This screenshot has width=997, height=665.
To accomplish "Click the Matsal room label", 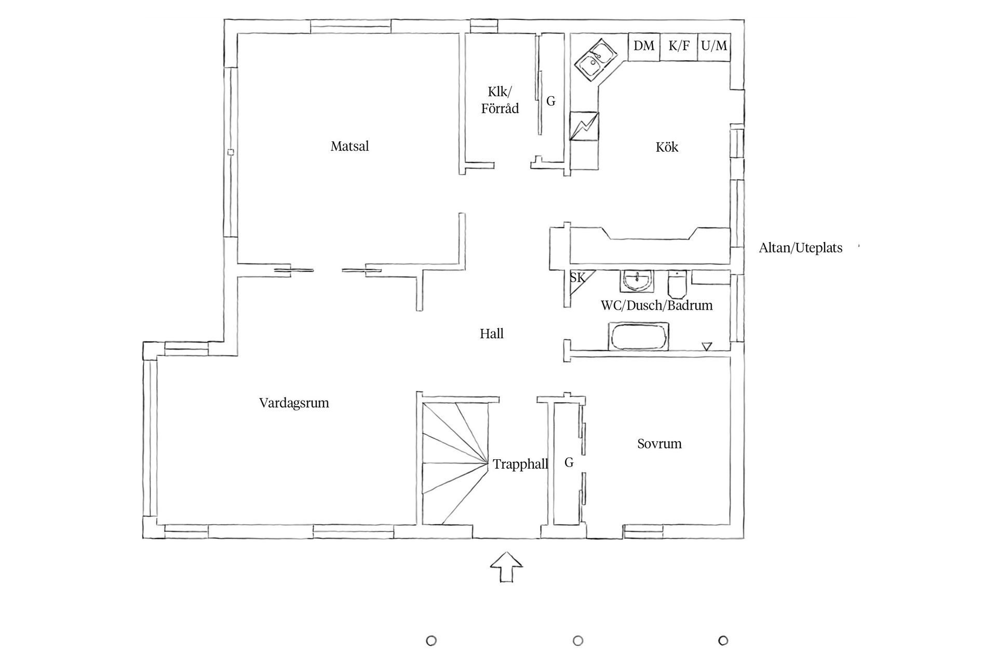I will tap(349, 147).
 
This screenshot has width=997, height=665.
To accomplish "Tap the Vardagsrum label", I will tap(294, 403).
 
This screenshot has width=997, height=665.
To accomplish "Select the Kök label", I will tap(667, 148).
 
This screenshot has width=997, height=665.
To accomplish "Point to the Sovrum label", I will tap(659, 444).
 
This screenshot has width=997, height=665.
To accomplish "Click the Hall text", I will tap(491, 334).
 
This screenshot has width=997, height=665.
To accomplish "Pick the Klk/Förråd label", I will tap(500, 100).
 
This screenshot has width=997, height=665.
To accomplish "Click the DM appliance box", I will tap(644, 46).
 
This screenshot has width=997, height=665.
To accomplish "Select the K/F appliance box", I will tap(679, 46).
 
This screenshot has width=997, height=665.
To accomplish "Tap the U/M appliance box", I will tap(714, 46).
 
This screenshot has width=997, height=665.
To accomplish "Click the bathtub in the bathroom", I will tap(639, 337).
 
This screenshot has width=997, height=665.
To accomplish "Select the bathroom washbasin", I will tap(636, 281).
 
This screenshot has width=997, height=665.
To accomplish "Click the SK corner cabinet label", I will tap(577, 278).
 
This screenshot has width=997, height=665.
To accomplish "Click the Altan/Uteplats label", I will tap(800, 248).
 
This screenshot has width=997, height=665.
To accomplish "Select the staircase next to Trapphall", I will tap(454, 462).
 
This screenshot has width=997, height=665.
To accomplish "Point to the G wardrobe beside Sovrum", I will tap(569, 462).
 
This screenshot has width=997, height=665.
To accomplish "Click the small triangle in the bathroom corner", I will tap(706, 346).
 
